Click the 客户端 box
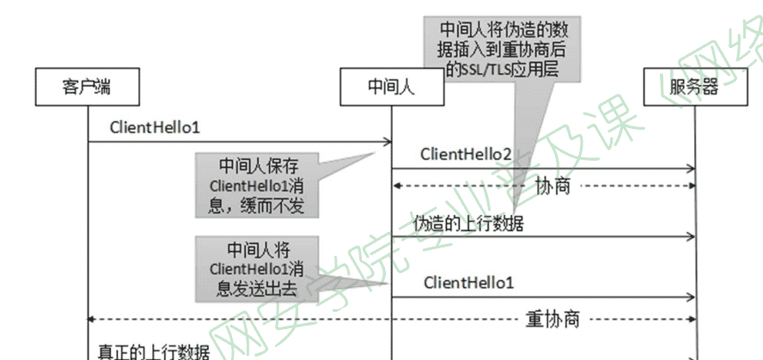[x=88, y=88]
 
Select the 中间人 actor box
[x=393, y=88]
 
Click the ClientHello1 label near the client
[x=155, y=127]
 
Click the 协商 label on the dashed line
[x=552, y=186]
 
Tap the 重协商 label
[x=552, y=320]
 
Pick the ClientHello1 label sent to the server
[x=469, y=283]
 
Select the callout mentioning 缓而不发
[x=257, y=184]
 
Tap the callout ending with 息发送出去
[x=256, y=268]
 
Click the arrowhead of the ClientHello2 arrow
[x=690, y=168]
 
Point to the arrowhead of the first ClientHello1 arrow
[x=388, y=142]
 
